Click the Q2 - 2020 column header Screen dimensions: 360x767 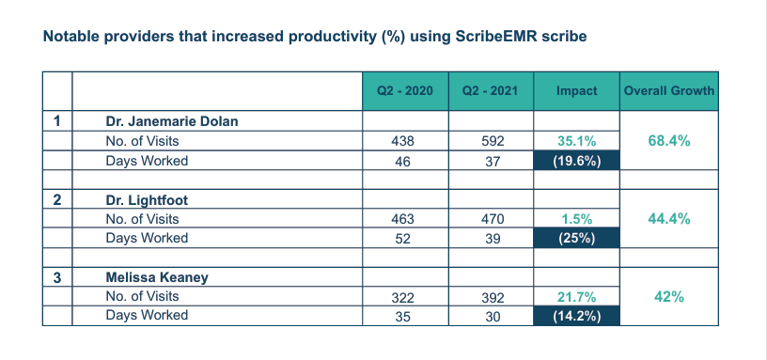click(x=406, y=91)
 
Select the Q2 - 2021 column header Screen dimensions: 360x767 click(x=491, y=91)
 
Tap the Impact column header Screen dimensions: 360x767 click(x=576, y=91)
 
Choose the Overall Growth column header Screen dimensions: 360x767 click(x=669, y=91)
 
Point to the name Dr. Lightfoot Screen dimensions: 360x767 click(x=141, y=199)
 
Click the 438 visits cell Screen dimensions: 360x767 click(x=406, y=141)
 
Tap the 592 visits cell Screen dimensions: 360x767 click(x=491, y=141)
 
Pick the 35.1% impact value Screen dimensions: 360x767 click(x=576, y=141)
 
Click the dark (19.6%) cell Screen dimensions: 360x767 click(x=576, y=161)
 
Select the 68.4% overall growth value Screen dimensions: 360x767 click(x=669, y=141)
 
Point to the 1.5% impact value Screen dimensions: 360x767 click(x=576, y=219)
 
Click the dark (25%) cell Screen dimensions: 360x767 click(x=576, y=238)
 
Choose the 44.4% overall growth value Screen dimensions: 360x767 click(x=669, y=219)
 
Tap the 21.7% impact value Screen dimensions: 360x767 click(x=576, y=296)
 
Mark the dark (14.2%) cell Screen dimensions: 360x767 click(x=576, y=315)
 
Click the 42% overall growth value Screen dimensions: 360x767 click(x=669, y=296)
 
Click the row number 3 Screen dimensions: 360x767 click(x=57, y=276)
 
